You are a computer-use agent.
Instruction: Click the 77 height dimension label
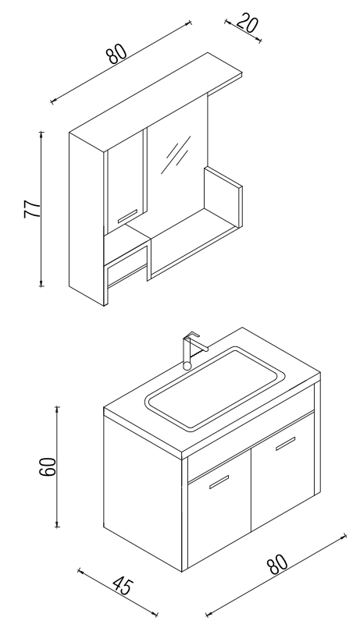click(32, 209)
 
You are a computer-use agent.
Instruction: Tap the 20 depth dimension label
click(248, 23)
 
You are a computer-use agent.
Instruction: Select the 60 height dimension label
click(48, 466)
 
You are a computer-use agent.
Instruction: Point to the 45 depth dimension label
click(123, 586)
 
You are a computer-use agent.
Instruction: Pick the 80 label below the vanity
click(277, 565)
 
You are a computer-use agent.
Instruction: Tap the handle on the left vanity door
click(219, 482)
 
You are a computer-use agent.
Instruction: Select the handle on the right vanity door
click(285, 443)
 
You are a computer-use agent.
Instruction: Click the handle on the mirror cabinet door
click(127, 216)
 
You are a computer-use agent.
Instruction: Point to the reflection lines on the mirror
click(176, 154)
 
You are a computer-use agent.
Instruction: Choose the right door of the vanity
click(283, 471)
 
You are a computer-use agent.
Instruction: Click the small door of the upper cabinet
click(126, 182)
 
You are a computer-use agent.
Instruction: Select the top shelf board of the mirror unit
click(156, 102)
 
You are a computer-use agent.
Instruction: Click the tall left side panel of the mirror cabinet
click(87, 219)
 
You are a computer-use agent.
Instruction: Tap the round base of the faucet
click(187, 366)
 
